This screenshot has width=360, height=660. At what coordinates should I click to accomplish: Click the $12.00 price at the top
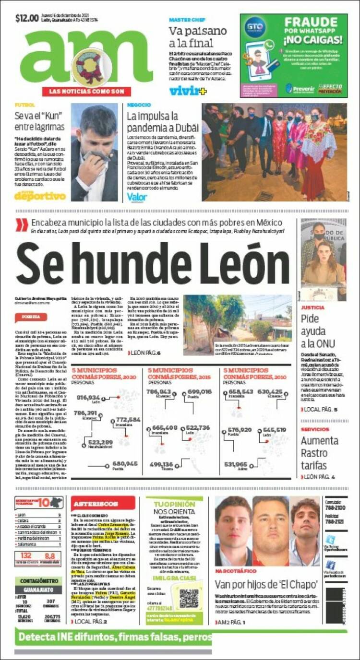pyautogui.click(x=27, y=19)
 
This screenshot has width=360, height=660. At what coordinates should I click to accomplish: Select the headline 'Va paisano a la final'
pyautogui.click(x=197, y=37)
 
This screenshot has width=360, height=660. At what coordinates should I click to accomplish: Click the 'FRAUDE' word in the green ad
pyautogui.click(x=311, y=22)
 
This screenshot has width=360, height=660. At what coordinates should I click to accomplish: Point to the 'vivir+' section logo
pyautogui.click(x=184, y=90)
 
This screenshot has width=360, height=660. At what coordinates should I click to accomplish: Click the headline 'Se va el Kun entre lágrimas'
pyautogui.click(x=39, y=121)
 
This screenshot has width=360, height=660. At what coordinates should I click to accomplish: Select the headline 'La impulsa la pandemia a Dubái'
pyautogui.click(x=162, y=122)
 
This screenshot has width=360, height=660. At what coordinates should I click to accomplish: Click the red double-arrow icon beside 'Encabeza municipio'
pyautogui.click(x=22, y=224)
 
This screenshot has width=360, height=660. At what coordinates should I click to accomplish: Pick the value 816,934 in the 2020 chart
pyautogui.click(x=88, y=398)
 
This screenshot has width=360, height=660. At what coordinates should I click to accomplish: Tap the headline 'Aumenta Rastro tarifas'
pyautogui.click(x=319, y=453)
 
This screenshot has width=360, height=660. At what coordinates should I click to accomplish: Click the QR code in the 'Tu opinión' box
pyautogui.click(x=189, y=598)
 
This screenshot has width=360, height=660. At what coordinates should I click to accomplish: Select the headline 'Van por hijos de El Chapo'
pyautogui.click(x=266, y=584)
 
